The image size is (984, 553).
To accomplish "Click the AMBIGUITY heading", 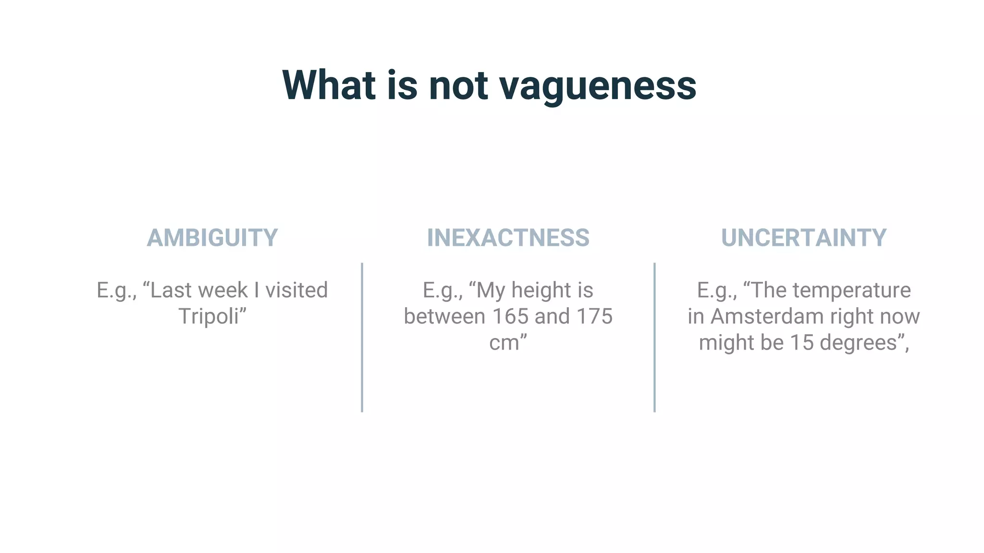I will (212, 238).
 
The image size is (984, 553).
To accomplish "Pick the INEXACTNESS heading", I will (508, 238).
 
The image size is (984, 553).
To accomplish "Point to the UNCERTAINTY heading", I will (803, 238).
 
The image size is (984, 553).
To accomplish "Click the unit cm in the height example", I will (504, 343).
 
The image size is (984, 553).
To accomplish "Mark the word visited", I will (296, 290).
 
